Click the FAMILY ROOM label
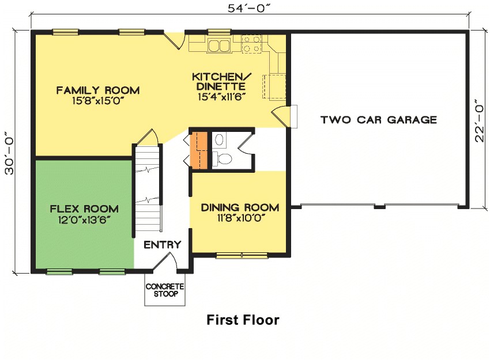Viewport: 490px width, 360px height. click(x=98, y=90)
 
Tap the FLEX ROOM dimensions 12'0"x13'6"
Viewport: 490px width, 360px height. click(x=84, y=219)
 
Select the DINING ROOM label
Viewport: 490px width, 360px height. click(x=240, y=207)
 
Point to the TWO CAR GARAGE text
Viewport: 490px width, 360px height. click(x=379, y=120)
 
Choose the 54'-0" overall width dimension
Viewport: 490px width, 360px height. click(x=248, y=9)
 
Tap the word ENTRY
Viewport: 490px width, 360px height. click(x=162, y=245)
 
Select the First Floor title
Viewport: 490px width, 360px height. click(x=243, y=320)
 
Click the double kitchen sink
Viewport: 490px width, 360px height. click(x=218, y=45)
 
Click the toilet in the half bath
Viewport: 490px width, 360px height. click(x=223, y=158)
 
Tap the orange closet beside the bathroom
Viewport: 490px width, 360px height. click(x=199, y=151)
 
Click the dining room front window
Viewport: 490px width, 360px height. click(x=242, y=255)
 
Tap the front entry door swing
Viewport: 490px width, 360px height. click(x=167, y=263)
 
